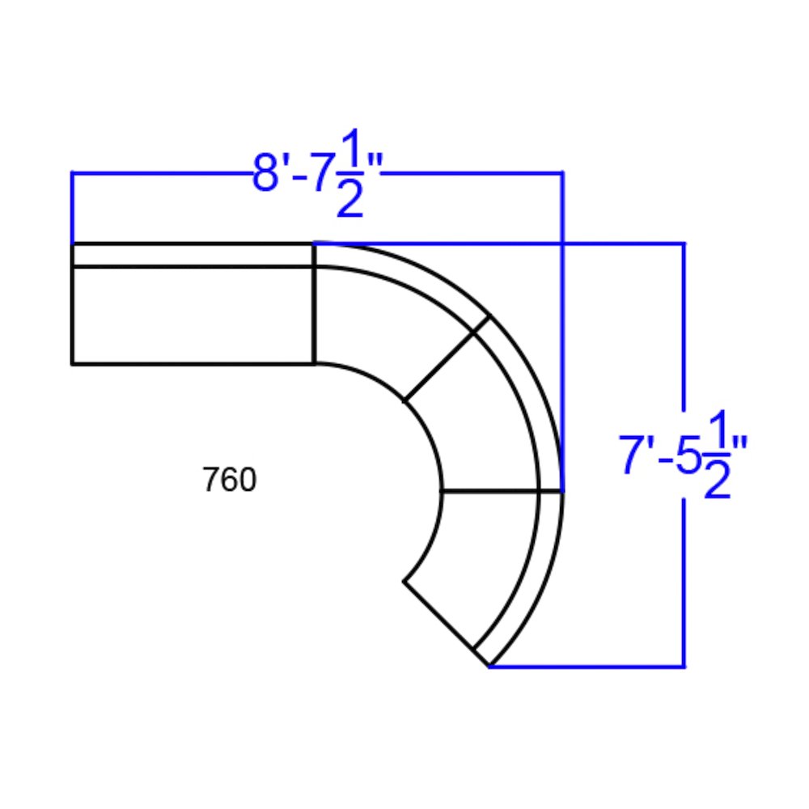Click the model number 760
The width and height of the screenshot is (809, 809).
click(x=229, y=479)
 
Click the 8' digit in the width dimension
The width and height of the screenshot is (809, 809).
click(x=270, y=172)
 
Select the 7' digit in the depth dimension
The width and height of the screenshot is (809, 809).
click(x=636, y=455)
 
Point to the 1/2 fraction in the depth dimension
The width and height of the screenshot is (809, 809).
click(x=718, y=454)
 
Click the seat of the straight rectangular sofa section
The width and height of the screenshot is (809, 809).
click(x=193, y=316)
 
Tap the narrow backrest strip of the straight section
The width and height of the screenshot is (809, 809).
click(x=193, y=255)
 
